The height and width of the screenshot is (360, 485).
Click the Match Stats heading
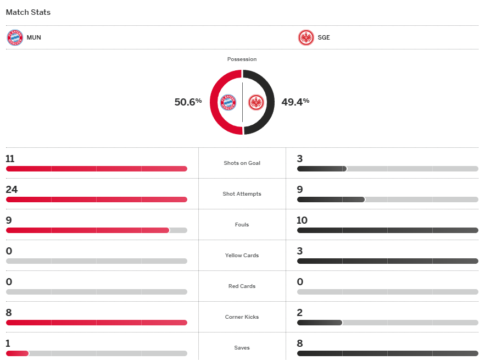pyautogui.click(x=28, y=12)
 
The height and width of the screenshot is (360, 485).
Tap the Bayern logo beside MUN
pyautogui.click(x=15, y=38)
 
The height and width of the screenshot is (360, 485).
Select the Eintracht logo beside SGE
pyautogui.click(x=305, y=38)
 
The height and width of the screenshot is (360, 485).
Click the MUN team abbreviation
pyautogui.click(x=34, y=38)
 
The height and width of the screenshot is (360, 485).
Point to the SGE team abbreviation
pyautogui.click(x=324, y=38)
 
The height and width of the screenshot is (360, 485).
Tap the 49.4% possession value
pyautogui.click(x=295, y=102)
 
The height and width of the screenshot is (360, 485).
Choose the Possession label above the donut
pyautogui.click(x=242, y=59)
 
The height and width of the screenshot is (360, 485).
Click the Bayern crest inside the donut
pyautogui.click(x=228, y=102)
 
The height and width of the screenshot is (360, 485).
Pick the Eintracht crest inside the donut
pyautogui.click(x=256, y=102)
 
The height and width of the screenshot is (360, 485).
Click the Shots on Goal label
pyautogui.click(x=242, y=163)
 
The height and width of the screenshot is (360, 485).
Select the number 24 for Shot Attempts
pyautogui.click(x=12, y=190)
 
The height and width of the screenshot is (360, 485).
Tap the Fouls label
pyautogui.click(x=242, y=225)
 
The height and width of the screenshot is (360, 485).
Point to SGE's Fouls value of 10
pyautogui.click(x=302, y=220)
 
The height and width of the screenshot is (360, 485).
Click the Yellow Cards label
pyautogui.click(x=242, y=256)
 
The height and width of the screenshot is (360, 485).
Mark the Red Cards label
pyautogui.click(x=242, y=286)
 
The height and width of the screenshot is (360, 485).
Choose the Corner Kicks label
pyautogui.click(x=242, y=317)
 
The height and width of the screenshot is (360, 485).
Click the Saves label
pyautogui.click(x=242, y=348)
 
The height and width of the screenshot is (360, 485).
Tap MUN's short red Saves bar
pyautogui.click(x=17, y=353)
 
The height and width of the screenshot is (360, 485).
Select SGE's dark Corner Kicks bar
pyautogui.click(x=320, y=323)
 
